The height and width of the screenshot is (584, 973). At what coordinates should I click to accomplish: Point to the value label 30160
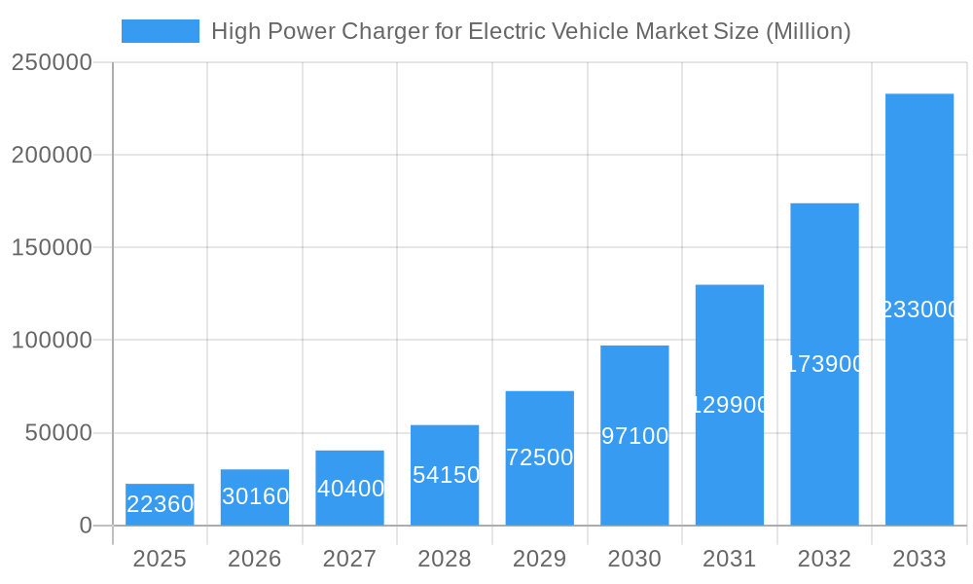(x=255, y=496)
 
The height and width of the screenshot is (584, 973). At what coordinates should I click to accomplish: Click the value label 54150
(x=446, y=475)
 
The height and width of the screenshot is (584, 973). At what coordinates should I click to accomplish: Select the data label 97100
(x=634, y=436)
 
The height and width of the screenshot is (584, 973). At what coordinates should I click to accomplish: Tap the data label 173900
(x=825, y=364)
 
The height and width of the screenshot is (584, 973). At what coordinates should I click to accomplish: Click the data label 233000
(x=919, y=310)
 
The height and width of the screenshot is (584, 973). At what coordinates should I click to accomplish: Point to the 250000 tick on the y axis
(x=52, y=62)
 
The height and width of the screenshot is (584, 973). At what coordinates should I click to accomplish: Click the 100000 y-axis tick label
(x=52, y=341)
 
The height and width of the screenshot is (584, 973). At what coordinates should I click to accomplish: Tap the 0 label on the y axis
(x=86, y=526)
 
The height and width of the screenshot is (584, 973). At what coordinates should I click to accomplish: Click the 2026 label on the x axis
(x=255, y=559)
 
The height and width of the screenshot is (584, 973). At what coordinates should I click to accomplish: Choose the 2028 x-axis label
(x=445, y=559)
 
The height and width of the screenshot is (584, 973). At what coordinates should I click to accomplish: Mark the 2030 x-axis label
(x=634, y=559)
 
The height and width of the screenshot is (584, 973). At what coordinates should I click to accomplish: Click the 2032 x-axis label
(x=824, y=559)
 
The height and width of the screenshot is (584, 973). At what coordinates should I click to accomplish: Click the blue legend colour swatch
(x=160, y=31)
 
